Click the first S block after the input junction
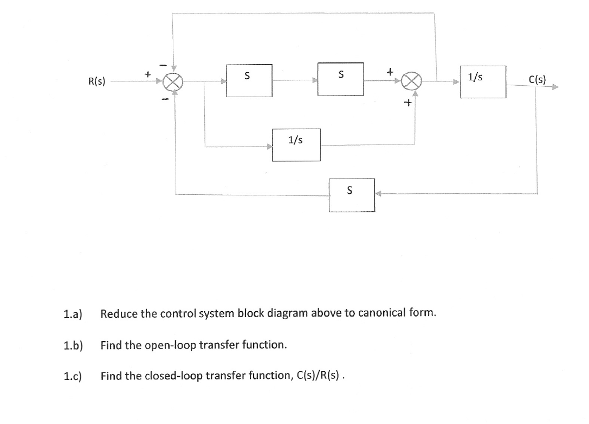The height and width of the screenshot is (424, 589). (249, 80)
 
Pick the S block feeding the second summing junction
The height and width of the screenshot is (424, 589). (340, 79)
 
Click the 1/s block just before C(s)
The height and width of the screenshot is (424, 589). (483, 81)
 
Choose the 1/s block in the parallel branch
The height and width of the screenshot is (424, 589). (296, 144)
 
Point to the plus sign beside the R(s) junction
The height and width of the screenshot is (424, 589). (146, 71)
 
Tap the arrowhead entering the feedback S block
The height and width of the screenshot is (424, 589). (379, 194)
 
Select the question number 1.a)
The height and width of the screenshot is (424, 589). (72, 313)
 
